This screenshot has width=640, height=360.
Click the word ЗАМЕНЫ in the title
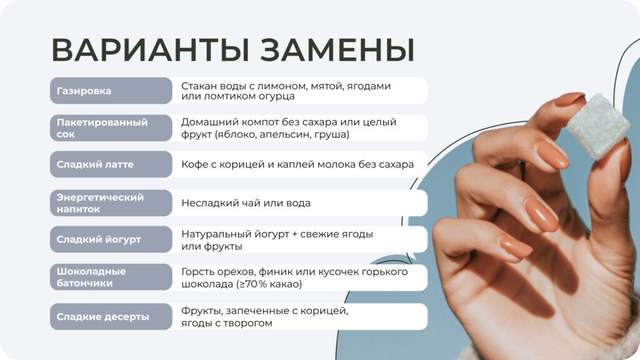coord(337,51)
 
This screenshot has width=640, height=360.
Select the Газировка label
coord(84,91)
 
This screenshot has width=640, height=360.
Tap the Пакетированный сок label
coord(102,128)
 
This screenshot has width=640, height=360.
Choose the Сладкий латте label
coord(95,164)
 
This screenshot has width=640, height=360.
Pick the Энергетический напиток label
coord(100,203)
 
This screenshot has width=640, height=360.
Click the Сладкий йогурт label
coord(99,239)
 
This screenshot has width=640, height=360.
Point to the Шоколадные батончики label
coord(91,277)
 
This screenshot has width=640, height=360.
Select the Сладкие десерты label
coord(102,316)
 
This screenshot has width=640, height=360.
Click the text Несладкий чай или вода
coord(246,203)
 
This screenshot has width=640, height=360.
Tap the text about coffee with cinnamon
coord(297,165)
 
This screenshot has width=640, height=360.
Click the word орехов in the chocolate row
coord(232,272)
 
